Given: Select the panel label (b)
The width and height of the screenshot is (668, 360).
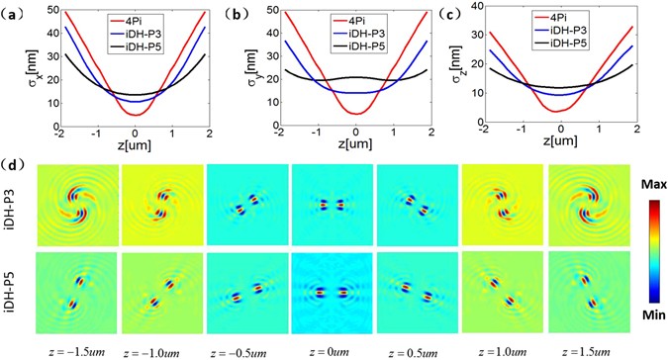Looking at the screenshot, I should coord(236,14).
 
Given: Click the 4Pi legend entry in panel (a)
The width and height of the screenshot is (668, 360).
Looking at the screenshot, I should coord(139,17).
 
